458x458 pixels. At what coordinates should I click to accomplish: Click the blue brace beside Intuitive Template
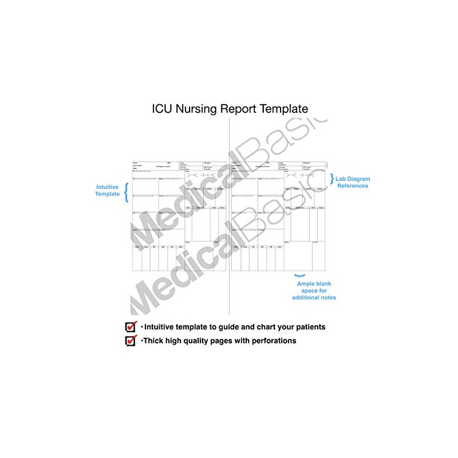point(127,190)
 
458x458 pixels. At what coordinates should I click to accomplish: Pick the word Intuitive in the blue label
point(107,186)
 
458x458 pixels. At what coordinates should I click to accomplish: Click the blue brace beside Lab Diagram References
point(332,179)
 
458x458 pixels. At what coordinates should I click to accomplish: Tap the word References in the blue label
point(352,186)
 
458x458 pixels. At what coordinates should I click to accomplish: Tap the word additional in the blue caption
point(304,298)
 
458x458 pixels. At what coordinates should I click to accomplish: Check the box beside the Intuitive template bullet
point(131,327)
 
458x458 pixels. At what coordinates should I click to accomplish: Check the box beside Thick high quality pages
point(131,341)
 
